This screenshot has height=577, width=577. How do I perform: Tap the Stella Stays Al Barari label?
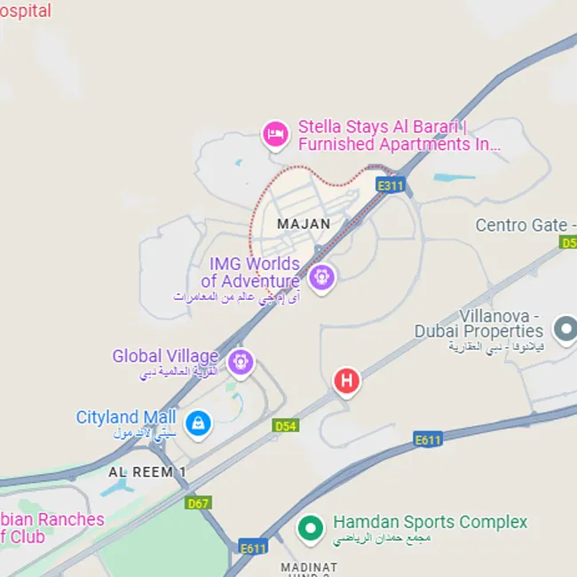pos(399,136)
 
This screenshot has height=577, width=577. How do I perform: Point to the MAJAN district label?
pos(304,225)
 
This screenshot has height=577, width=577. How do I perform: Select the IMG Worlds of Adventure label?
pos(255,273)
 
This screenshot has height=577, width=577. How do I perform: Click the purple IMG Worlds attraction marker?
pos(321,277)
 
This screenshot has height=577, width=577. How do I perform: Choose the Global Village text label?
pos(164,357)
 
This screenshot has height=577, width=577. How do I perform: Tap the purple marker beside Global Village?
pos(241,361)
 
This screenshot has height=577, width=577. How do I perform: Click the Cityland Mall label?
pos(126,417)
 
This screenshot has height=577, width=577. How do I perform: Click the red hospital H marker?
pos(346,381)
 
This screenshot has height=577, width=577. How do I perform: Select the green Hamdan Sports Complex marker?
pos(310,527)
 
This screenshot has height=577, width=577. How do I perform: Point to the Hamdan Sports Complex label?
pos(430,523)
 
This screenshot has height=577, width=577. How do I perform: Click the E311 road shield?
pos(390,186)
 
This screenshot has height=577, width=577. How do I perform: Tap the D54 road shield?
pos(284,427)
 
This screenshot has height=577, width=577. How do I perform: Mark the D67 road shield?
pos(199,503)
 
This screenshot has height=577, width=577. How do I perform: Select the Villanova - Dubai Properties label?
pos(478,324)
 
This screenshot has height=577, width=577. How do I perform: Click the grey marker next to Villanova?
pos(565,330)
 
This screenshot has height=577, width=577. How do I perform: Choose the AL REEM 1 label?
pos(147,472)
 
